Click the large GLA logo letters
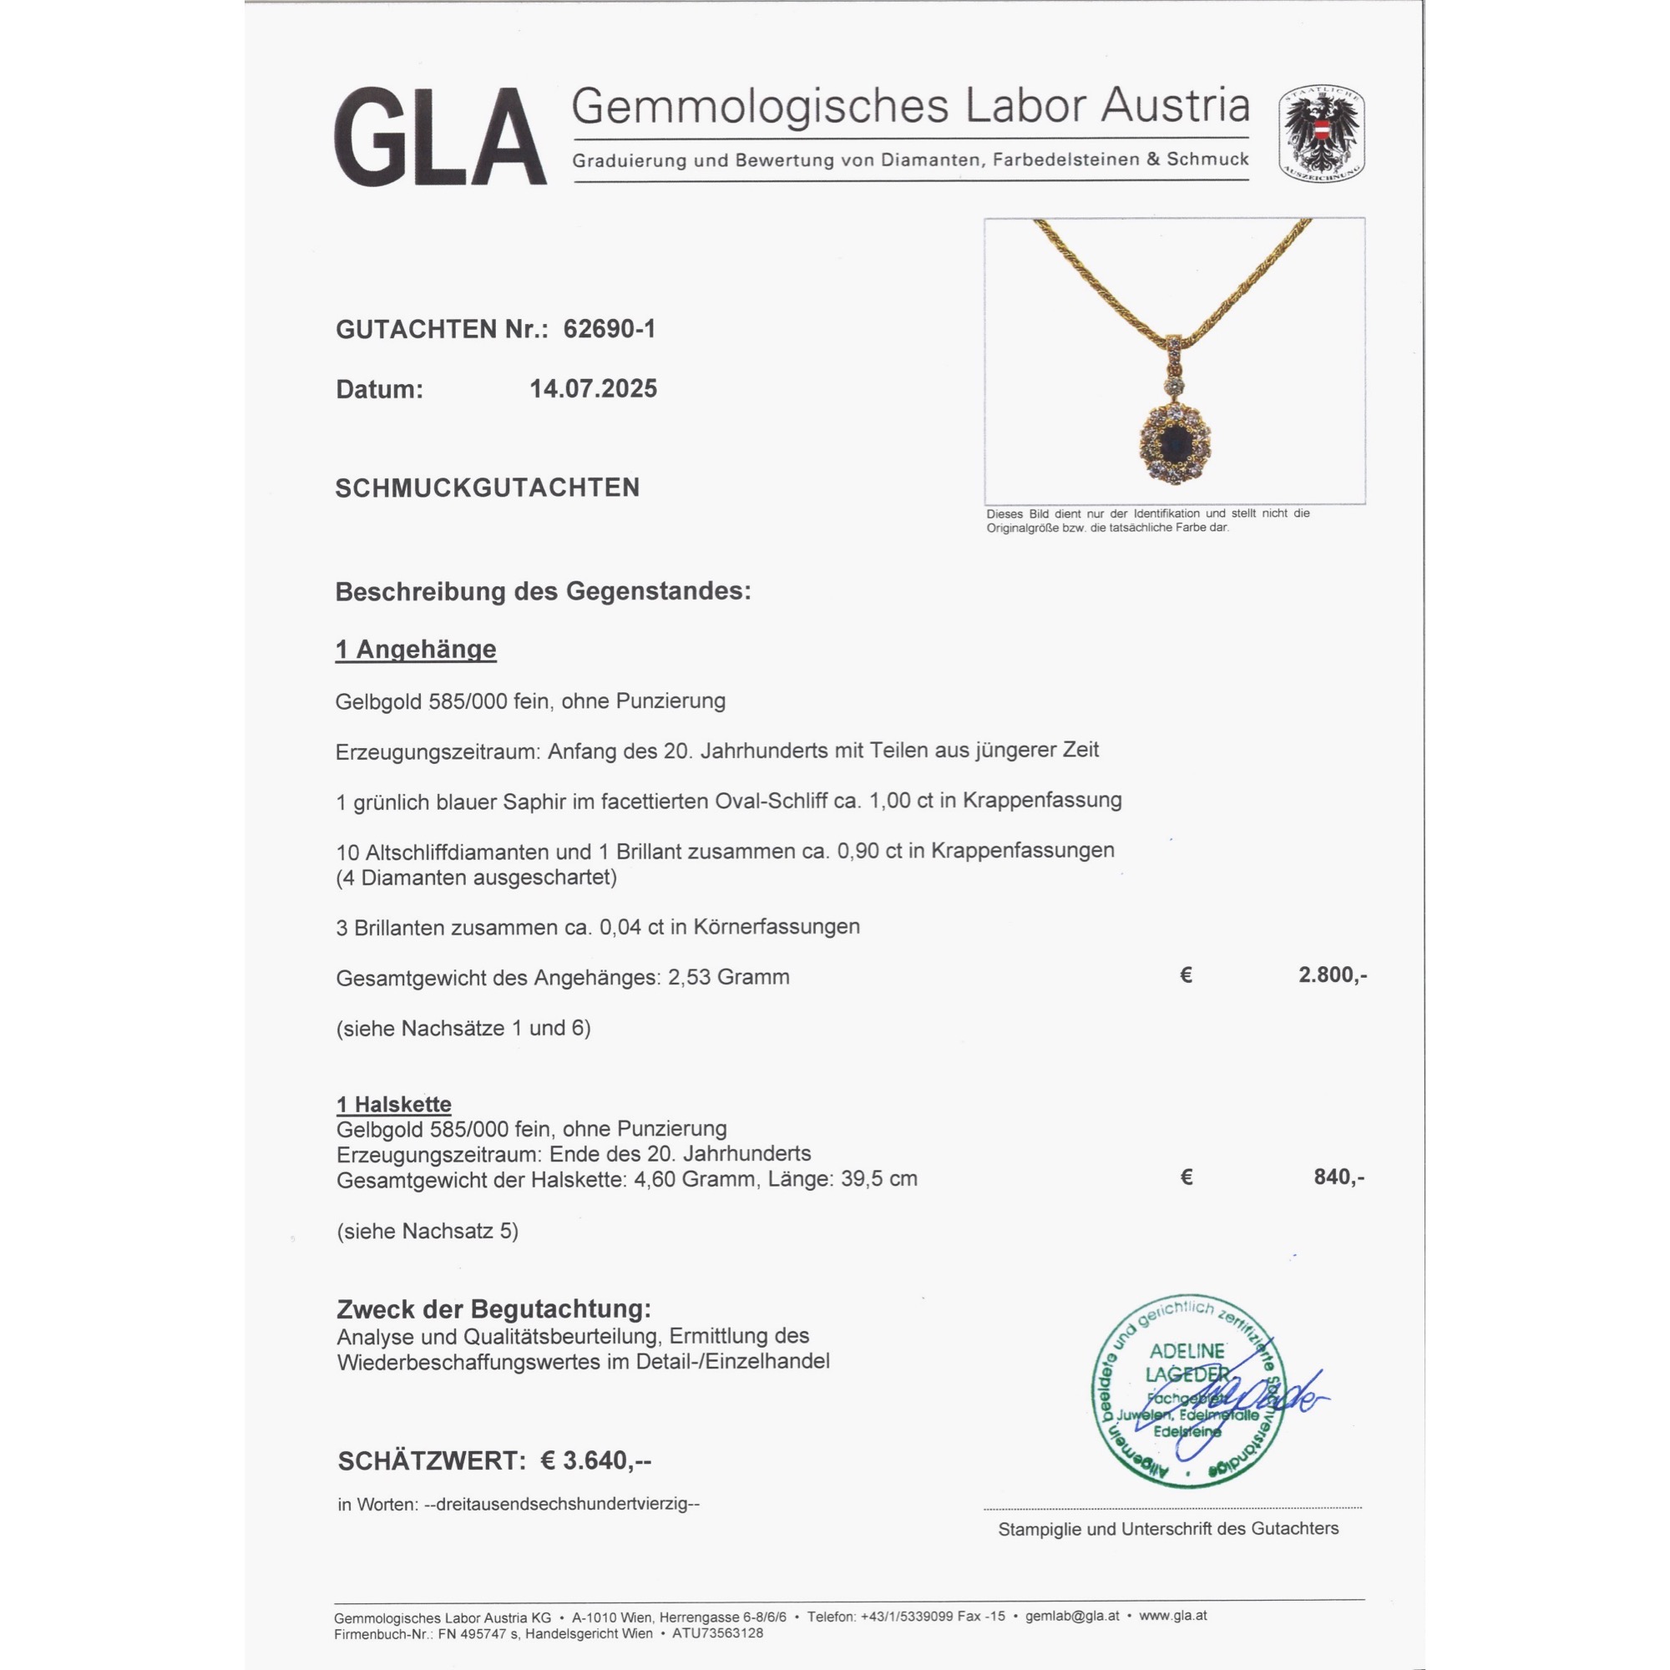click(440, 137)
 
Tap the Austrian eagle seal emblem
click(1321, 133)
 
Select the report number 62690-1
click(610, 329)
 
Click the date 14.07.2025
click(593, 389)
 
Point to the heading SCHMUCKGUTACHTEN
click(488, 488)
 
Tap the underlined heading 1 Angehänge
click(416, 649)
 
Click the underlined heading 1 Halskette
click(394, 1104)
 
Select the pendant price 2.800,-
click(1332, 975)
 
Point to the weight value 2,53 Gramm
click(729, 978)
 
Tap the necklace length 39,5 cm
click(879, 1179)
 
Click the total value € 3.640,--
click(595, 1460)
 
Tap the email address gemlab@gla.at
click(1072, 1616)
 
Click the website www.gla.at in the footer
click(1173, 1616)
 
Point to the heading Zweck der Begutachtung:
click(493, 1308)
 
